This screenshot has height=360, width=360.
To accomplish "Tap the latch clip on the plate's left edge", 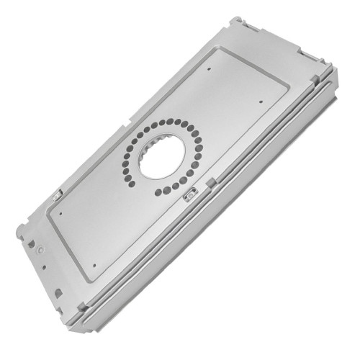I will pos(56,194).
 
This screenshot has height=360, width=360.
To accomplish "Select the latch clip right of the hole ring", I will pos(191,194).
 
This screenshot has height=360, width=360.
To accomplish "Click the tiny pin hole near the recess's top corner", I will pos(209,70).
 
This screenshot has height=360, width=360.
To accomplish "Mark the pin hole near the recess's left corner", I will pos(63,214).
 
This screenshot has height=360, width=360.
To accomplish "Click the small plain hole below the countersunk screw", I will pos(44,267).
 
